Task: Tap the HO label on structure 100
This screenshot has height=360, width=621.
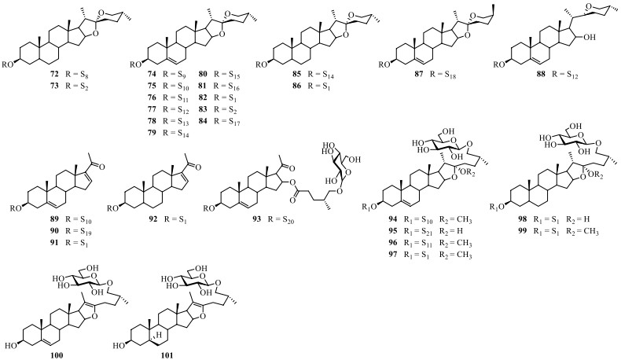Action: (x=12, y=332)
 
